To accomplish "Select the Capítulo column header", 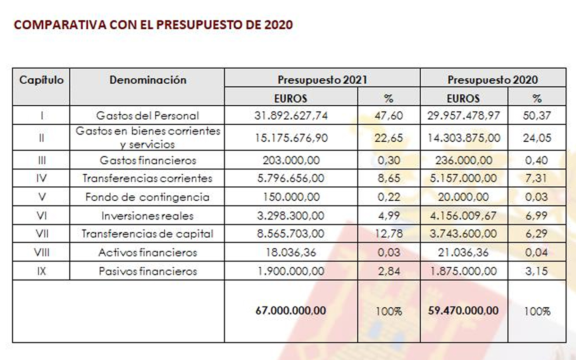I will (x=41, y=80).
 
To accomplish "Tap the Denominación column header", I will (x=148, y=80).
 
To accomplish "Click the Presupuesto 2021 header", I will (x=322, y=80).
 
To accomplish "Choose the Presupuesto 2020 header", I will (x=492, y=80).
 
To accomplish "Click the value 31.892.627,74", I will (x=291, y=116).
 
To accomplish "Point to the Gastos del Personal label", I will (x=148, y=116).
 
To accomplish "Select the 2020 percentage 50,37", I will (x=537, y=116).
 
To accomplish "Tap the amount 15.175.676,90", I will (x=291, y=138).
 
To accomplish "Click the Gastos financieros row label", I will (x=148, y=160).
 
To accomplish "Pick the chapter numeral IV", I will (x=41, y=178).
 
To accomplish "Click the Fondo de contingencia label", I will (x=148, y=197).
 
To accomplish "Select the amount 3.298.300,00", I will (x=291, y=216).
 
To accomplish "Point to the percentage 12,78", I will (x=388, y=234).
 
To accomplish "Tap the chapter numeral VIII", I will (x=41, y=252).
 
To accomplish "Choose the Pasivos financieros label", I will (x=148, y=271).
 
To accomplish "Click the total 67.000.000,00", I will (x=291, y=310).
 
